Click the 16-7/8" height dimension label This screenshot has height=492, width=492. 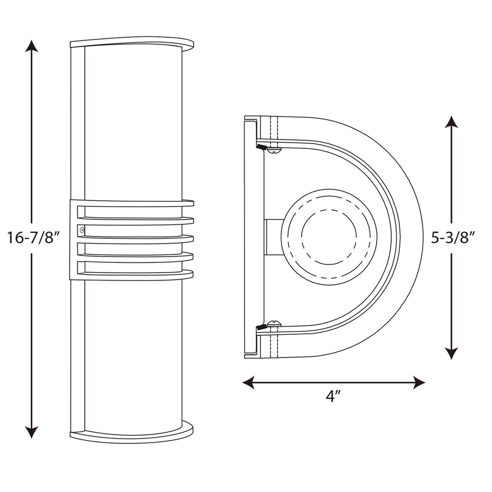pos(33,238)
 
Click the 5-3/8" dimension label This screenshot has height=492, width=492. pos(453,237)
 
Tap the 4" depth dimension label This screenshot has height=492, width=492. pos(333,396)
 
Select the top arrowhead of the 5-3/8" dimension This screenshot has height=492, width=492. pos(451,122)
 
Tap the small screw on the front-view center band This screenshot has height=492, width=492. pos(81,230)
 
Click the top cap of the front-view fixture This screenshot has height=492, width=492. pos(132,42)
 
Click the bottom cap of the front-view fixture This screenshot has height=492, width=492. pos(132,434)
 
